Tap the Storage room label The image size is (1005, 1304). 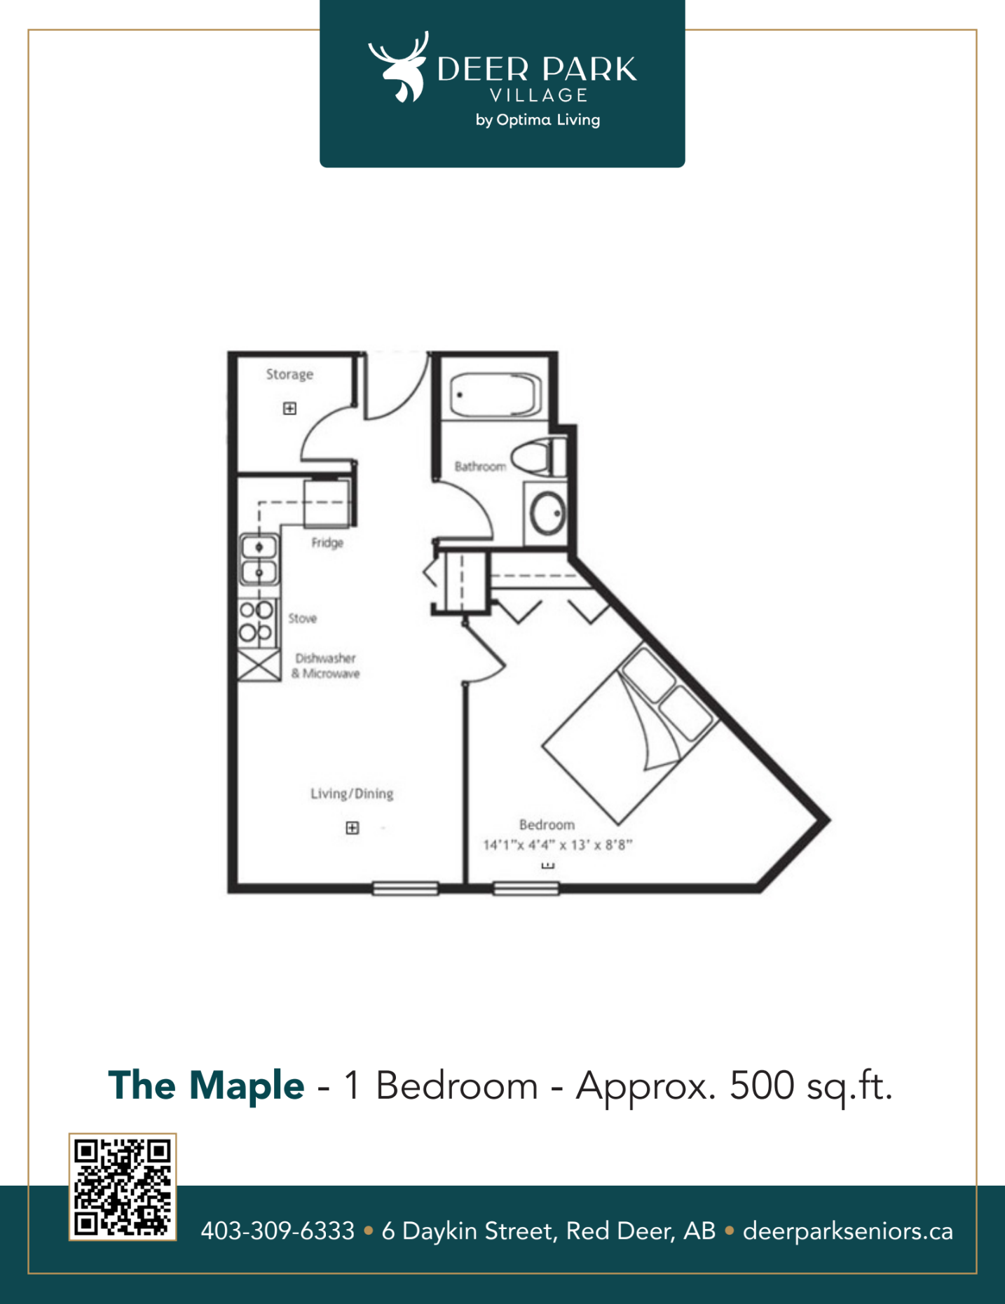289,375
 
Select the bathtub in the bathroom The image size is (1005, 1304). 495,395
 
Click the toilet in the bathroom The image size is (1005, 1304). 538,457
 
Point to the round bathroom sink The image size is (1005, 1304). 547,513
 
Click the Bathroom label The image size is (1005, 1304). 480,466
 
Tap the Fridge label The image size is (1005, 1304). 327,543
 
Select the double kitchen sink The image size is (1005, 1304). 259,559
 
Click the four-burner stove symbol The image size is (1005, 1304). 257,622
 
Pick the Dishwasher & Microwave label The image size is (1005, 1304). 326,666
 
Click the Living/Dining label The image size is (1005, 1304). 352,793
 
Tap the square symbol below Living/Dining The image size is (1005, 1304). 353,828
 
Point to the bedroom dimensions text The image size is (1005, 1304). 558,845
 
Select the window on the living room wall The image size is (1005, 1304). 406,889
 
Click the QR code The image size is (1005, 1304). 123,1187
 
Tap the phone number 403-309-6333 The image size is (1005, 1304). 278,1230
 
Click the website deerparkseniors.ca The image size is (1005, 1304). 848,1231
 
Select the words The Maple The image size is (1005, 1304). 206,1085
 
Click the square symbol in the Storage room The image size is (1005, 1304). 289,408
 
